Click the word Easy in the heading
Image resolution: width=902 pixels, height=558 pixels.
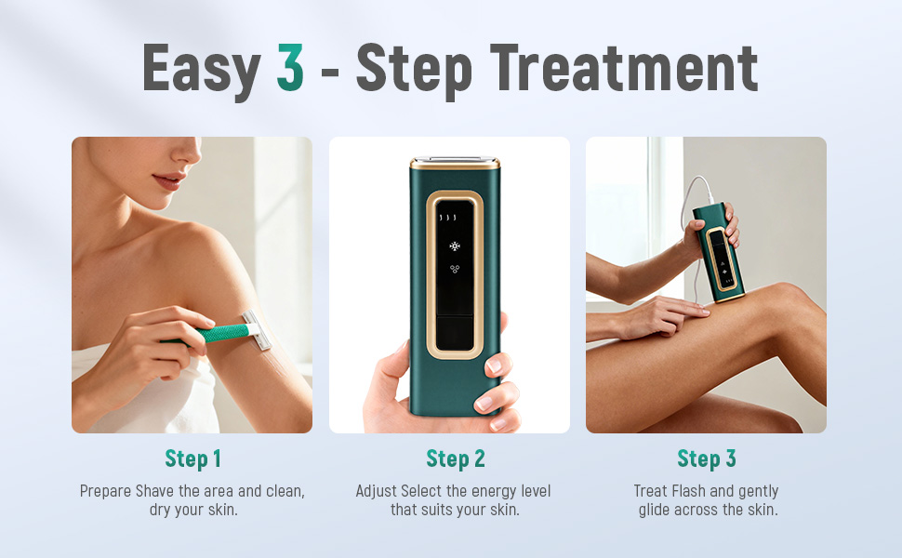[200, 67]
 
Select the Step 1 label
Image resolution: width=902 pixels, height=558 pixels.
[192, 458]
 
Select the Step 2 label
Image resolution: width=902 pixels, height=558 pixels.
[455, 458]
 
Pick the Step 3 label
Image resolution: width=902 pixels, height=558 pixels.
[706, 458]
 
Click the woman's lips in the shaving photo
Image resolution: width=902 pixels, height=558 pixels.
[166, 183]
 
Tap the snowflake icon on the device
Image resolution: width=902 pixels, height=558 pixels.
[454, 246]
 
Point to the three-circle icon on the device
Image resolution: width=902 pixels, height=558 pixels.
[454, 269]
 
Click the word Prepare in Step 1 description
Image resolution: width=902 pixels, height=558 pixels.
[106, 491]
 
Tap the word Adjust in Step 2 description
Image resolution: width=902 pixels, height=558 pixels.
[378, 491]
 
